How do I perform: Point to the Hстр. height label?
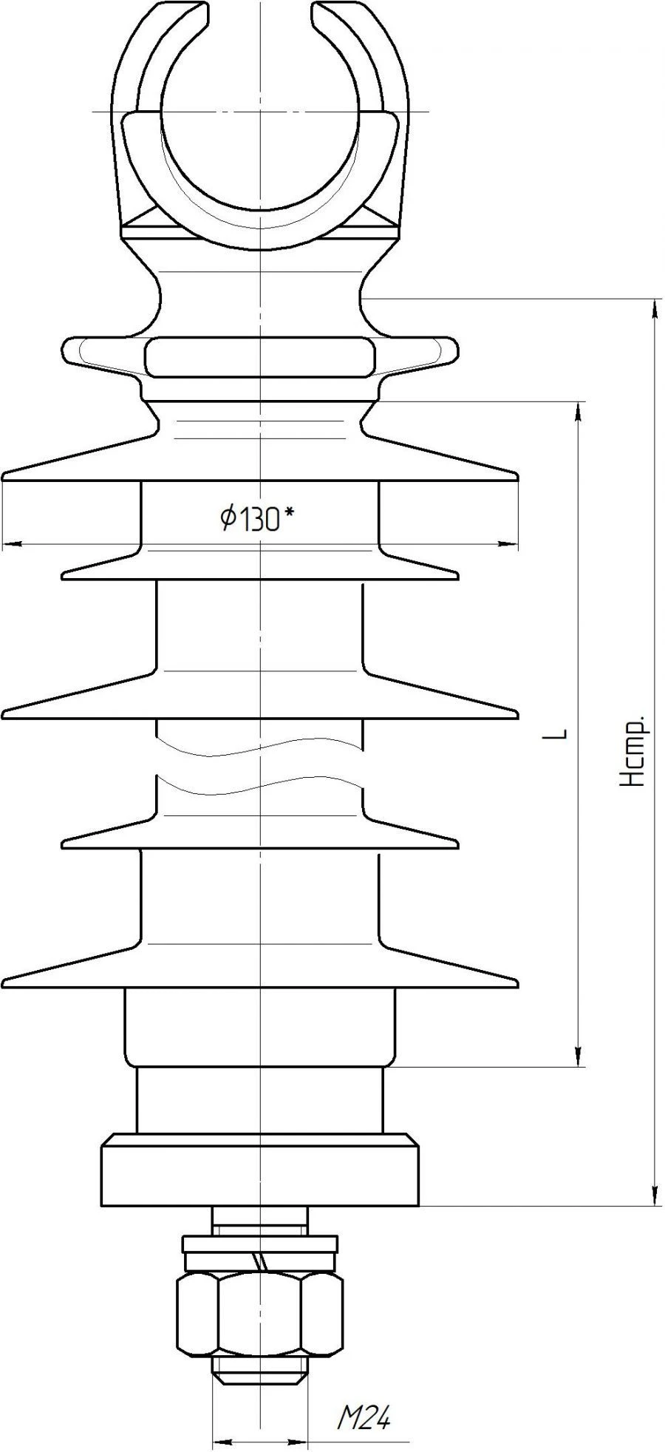point(634,750)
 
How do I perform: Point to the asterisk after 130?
point(289,512)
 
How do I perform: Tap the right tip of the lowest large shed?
point(516,982)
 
